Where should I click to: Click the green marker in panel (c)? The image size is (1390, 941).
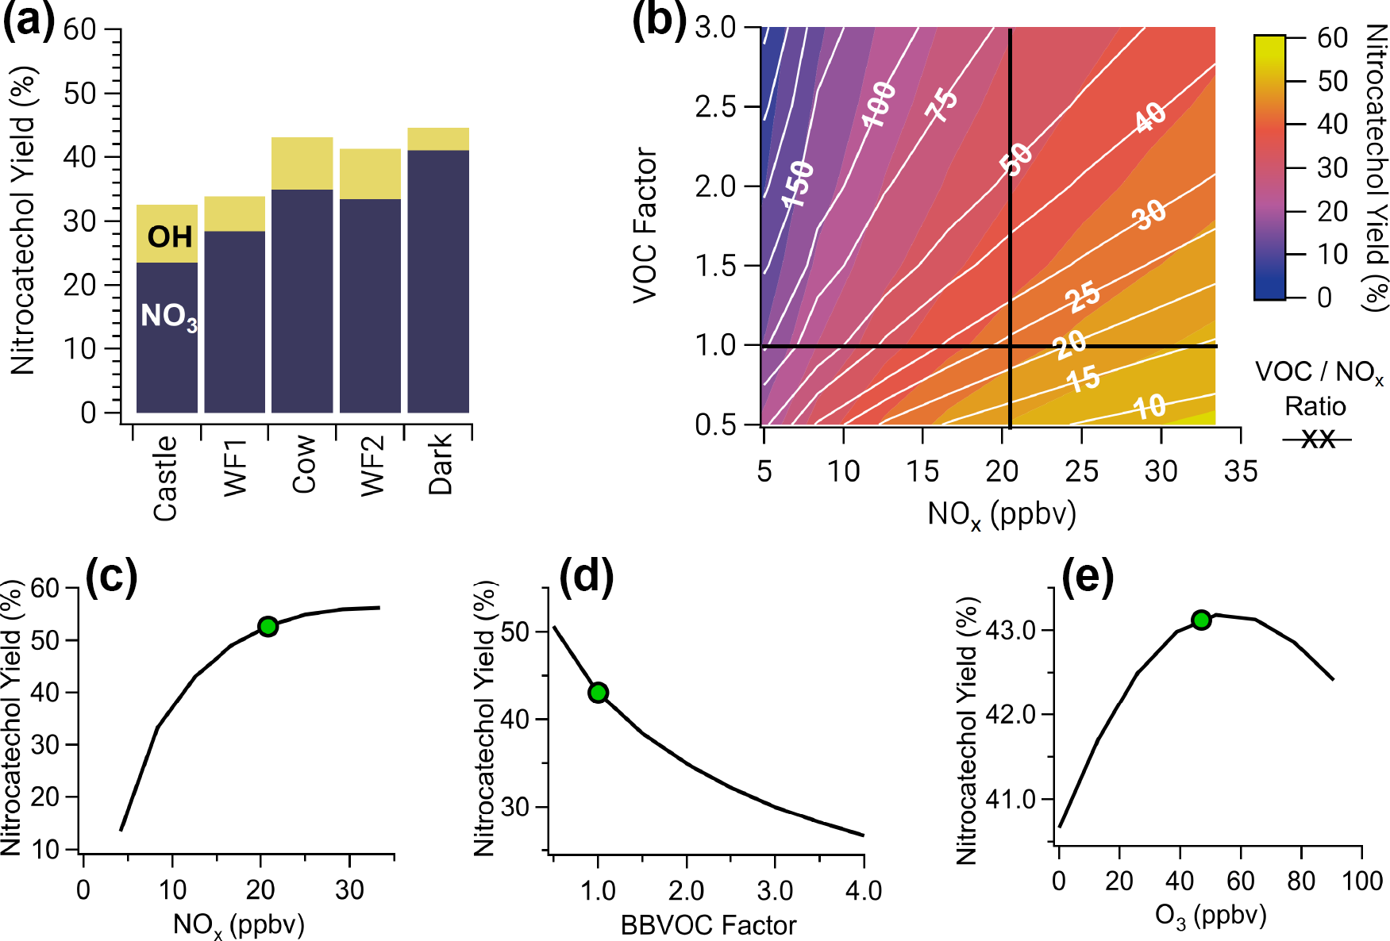[x=268, y=626]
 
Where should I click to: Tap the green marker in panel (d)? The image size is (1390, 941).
[x=598, y=693]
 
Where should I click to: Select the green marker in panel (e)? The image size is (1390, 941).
[x=1201, y=620]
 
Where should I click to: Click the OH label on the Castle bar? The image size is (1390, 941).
[x=169, y=237]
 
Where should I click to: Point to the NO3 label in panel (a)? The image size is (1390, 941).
[x=168, y=317]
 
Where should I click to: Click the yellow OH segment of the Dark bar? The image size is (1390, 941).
[x=438, y=139]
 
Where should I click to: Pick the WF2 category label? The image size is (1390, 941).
[x=372, y=467]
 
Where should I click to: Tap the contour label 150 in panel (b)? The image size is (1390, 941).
[x=798, y=183]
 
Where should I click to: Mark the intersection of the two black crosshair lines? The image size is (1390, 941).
[x=1010, y=346]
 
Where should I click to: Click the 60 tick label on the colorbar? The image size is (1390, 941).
[x=1332, y=37]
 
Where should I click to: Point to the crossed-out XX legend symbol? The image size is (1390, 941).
[x=1317, y=439]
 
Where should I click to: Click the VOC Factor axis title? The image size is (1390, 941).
[x=646, y=225]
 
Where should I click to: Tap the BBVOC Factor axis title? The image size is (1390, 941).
[x=708, y=925]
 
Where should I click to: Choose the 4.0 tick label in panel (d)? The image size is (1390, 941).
[x=863, y=891]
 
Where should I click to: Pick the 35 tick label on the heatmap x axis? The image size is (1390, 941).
[x=1240, y=472]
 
